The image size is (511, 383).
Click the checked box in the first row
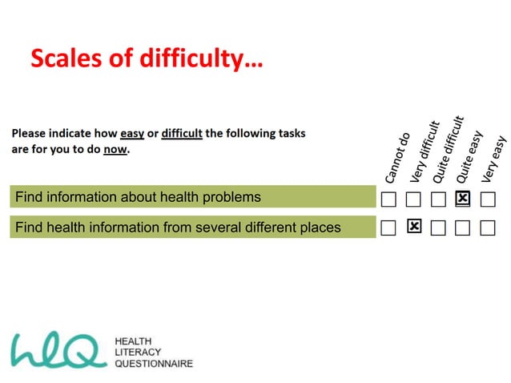[x=462, y=198]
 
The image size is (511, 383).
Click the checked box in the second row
[x=414, y=228]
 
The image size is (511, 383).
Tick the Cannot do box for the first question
[x=388, y=198]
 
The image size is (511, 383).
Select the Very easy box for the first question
[x=488, y=198]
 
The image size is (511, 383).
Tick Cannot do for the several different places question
[x=388, y=228]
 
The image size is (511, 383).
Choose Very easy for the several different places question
[x=488, y=228]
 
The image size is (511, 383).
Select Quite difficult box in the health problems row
[x=438, y=198]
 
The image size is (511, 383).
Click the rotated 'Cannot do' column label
[x=398, y=157]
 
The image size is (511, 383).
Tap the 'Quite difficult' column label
[x=449, y=149]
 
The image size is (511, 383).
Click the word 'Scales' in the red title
[x=67, y=58]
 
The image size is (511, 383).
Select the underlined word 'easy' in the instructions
[x=132, y=133]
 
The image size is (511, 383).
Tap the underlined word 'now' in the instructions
[x=115, y=149]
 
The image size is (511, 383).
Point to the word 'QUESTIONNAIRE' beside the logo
[x=155, y=363]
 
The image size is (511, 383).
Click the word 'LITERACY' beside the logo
[x=139, y=352]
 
